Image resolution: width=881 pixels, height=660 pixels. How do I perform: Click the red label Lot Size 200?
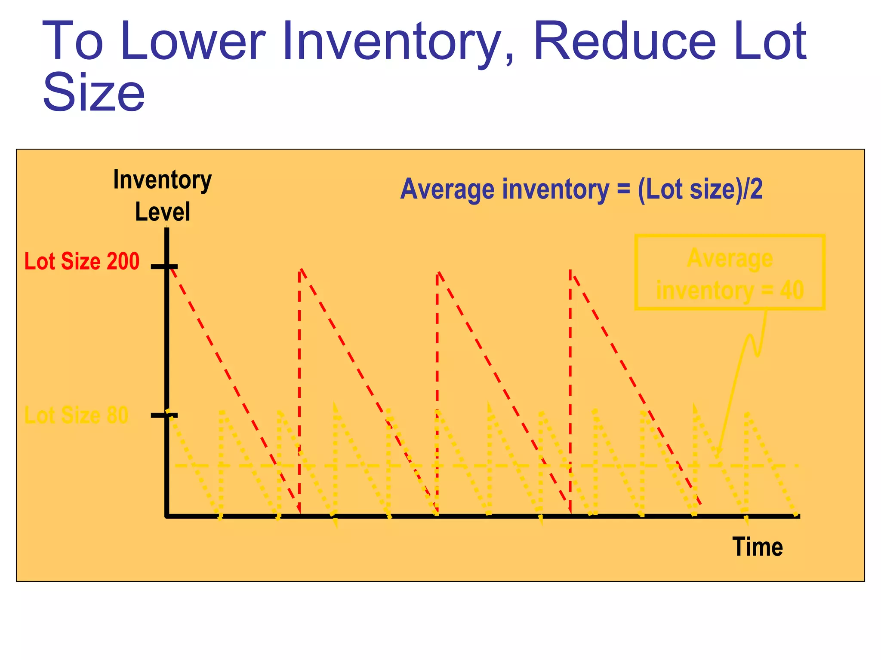pos(82,261)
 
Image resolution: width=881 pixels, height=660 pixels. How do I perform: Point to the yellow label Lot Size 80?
pos(76,415)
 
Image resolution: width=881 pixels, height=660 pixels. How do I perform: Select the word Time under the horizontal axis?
pos(757,547)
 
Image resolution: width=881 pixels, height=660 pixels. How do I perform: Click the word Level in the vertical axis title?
pos(163,212)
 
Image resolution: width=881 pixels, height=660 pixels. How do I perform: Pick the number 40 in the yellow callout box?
pos(792,290)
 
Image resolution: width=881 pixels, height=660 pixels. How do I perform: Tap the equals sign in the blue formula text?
pos(623,189)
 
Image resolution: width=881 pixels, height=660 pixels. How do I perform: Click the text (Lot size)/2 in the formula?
pos(700,189)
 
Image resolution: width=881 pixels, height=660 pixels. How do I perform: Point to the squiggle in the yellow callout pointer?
pos(753,344)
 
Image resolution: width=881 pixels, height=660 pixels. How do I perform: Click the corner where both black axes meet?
pos(167,516)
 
